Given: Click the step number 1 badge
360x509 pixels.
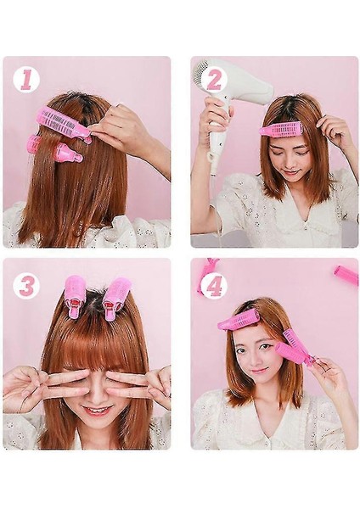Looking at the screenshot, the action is [26, 81].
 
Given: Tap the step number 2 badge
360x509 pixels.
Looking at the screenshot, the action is [214, 81].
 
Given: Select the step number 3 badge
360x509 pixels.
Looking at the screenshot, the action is [26, 286].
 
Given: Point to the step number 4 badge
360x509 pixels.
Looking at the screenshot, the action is [214, 286].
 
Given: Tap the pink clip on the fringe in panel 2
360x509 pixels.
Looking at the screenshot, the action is [280, 129].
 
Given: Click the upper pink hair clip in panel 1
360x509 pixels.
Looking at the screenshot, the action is [65, 124].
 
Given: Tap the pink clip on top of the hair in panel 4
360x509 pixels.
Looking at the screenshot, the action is [239, 320].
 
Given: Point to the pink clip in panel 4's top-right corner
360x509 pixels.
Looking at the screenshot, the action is [346, 276].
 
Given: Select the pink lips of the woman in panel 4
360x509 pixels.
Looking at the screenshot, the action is [259, 370].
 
